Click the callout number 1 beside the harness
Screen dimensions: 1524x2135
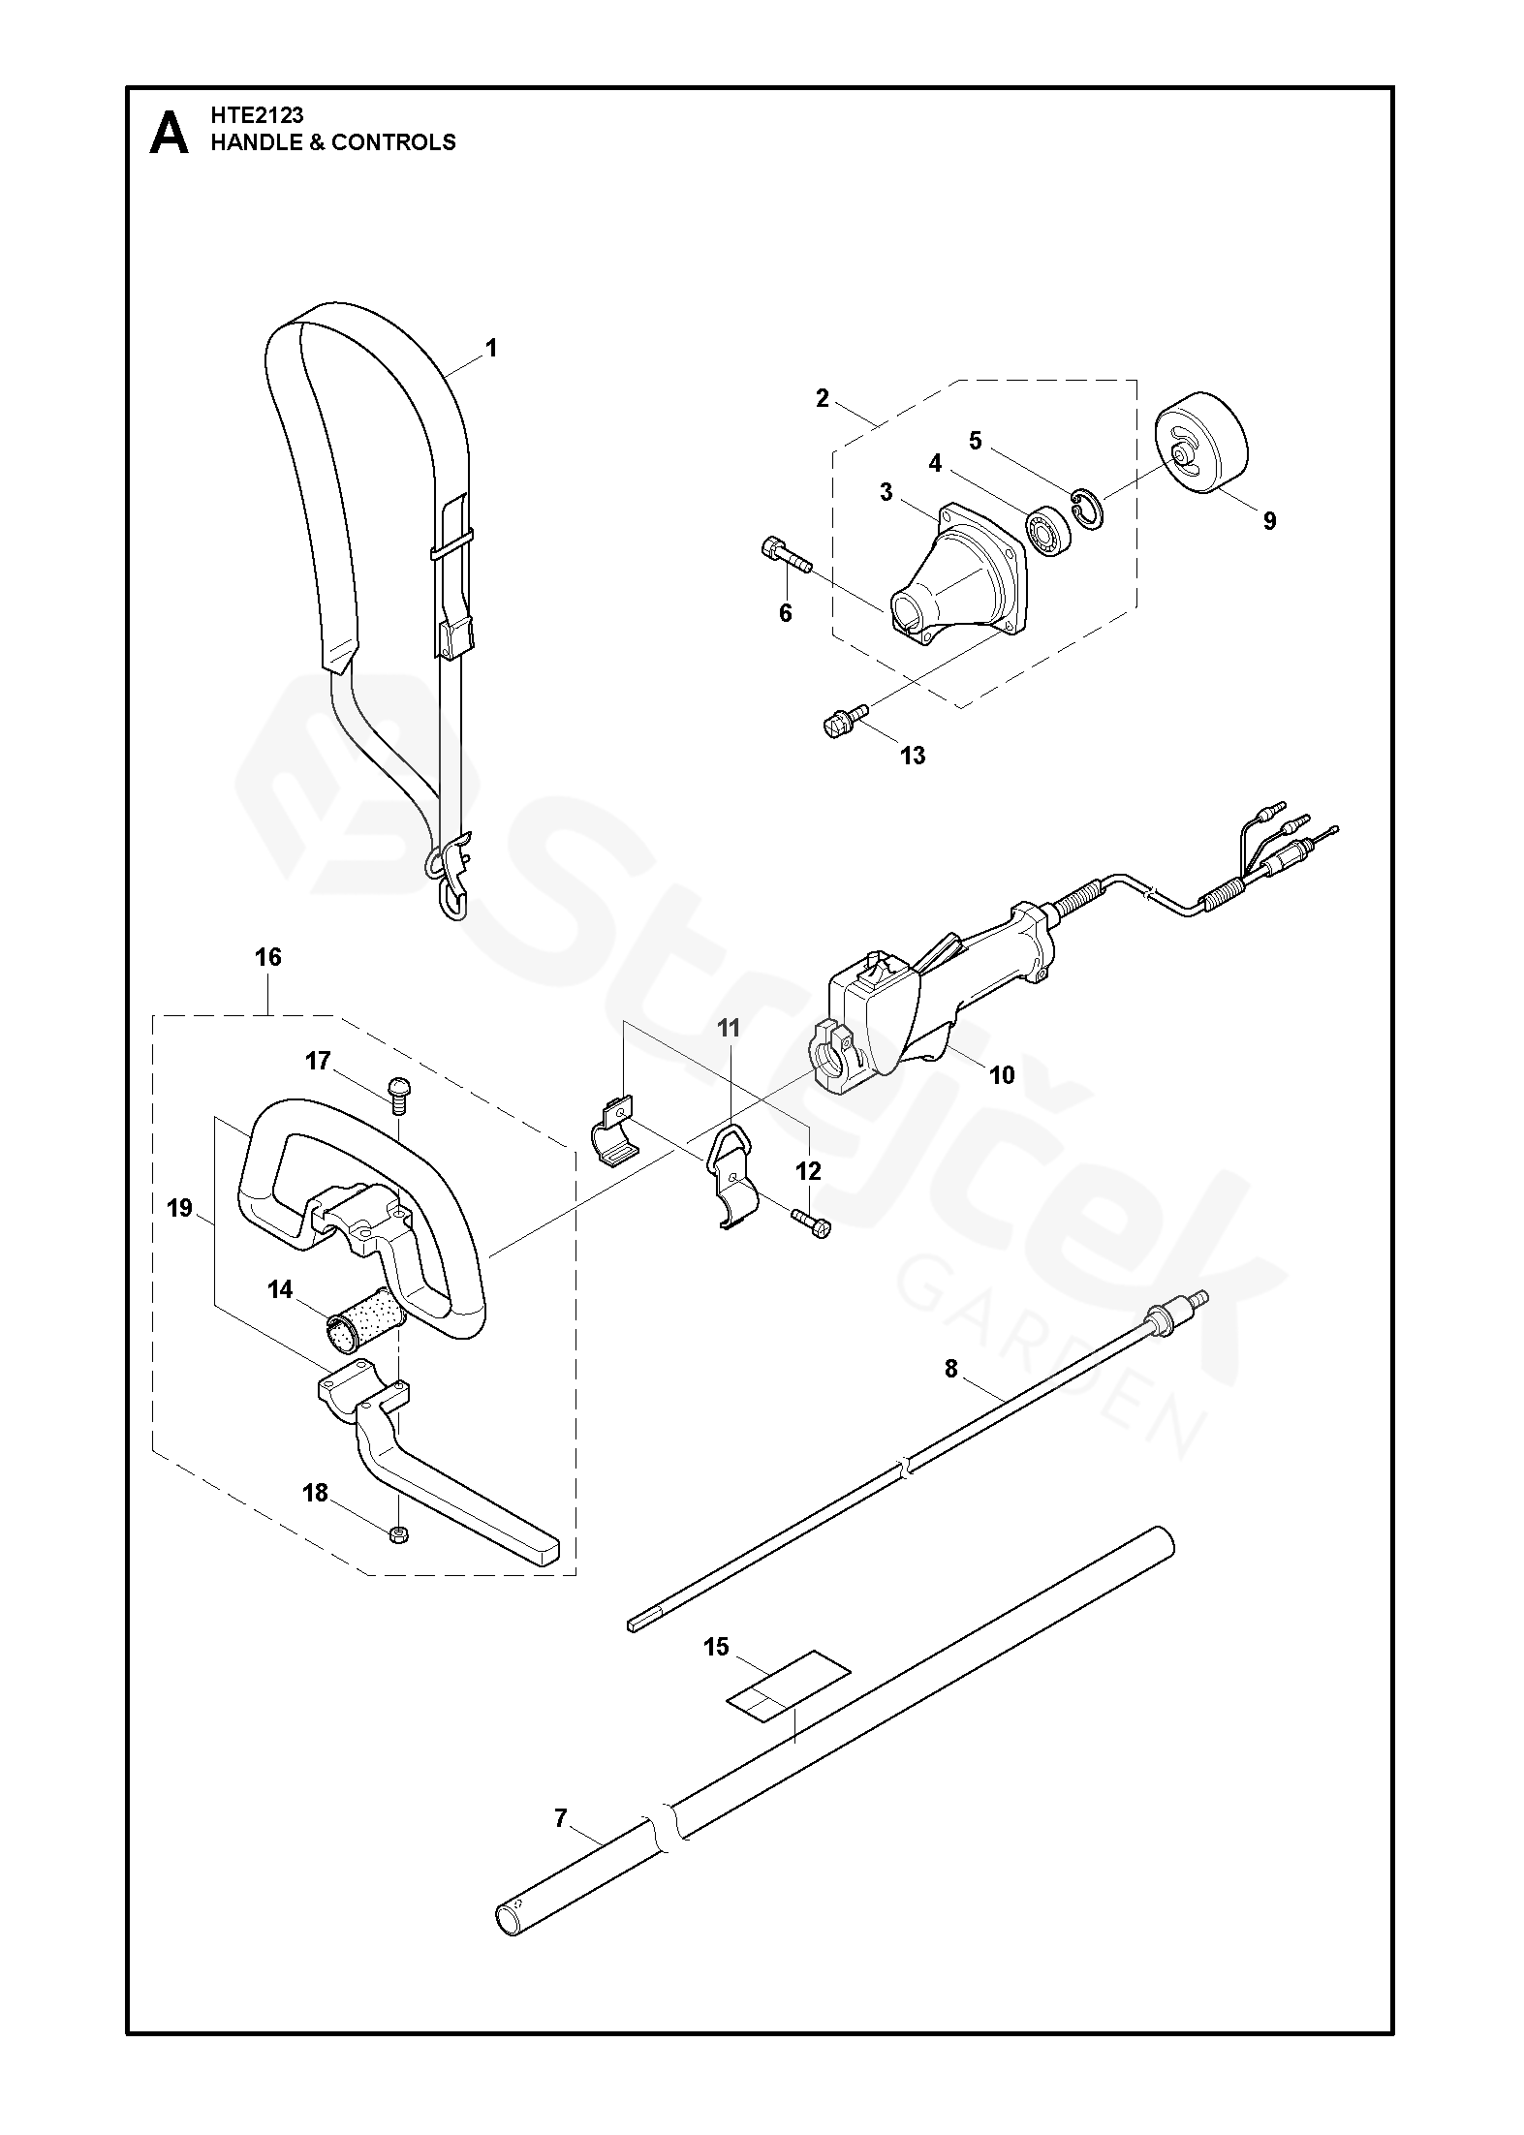pyautogui.click(x=491, y=348)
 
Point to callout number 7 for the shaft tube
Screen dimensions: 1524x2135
pyautogui.click(x=561, y=1818)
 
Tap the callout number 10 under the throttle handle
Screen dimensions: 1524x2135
pyautogui.click(x=1002, y=1074)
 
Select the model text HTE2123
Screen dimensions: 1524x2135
pyautogui.click(x=257, y=114)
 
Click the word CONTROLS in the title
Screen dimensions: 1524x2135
pyautogui.click(x=393, y=142)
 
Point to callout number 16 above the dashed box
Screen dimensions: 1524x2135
pyautogui.click(x=268, y=957)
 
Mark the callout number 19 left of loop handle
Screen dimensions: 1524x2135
pyautogui.click(x=180, y=1209)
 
